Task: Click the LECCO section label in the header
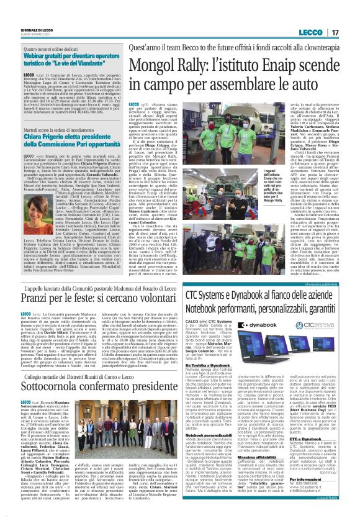(x=308, y=32)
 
